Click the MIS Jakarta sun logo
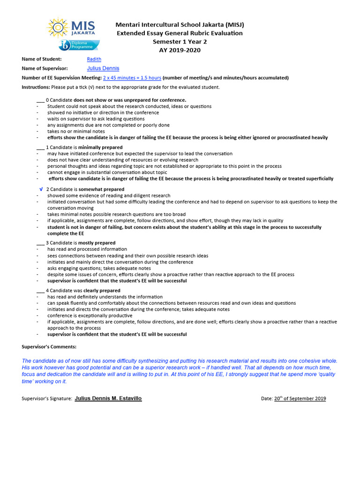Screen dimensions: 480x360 coord(58,28)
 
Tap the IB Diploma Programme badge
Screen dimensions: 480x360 coord(78,45)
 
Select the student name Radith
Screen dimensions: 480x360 coord(94,59)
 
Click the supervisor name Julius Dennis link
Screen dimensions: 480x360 coord(103,68)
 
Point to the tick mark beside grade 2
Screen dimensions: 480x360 coord(41,189)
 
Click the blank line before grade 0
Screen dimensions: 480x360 coord(40,100)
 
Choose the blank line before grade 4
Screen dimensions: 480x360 coord(40,291)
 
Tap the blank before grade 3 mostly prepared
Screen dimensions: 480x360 coord(40,243)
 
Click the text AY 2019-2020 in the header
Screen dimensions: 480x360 coord(180,50)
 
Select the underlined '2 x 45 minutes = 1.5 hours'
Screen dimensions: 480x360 coord(132,78)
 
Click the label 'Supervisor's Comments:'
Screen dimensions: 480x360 coord(49,347)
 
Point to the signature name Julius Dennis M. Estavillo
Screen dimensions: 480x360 coord(108,398)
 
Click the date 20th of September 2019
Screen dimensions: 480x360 coord(300,399)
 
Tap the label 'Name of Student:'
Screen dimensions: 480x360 coord(42,59)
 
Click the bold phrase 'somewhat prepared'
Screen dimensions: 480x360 coord(101,189)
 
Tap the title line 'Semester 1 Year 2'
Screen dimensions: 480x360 coord(180,42)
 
